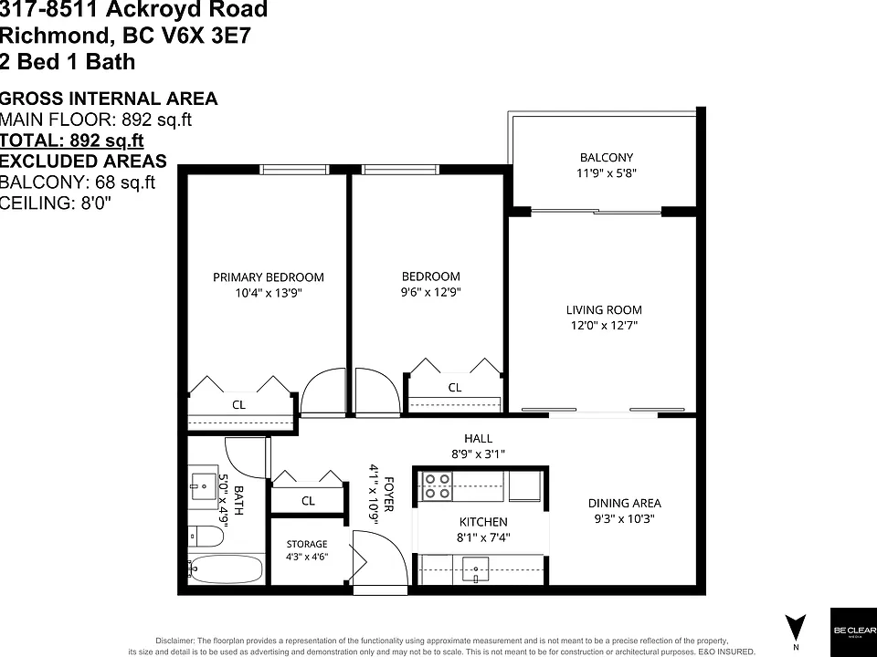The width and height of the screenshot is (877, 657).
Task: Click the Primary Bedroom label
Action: pos(269,277)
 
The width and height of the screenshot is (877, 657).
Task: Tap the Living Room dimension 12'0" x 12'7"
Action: pos(604,325)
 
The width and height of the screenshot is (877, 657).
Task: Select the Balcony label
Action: pos(607,158)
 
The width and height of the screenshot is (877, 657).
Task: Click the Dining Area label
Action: pos(624,503)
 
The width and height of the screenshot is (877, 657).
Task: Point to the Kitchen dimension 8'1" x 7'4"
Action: pos(483,537)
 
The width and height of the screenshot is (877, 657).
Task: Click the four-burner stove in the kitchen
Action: pos(438,486)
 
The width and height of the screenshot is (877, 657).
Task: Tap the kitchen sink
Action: pos(475,569)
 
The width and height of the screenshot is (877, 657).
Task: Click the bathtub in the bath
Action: pos(226,568)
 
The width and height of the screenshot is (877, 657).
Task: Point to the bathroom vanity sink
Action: pos(204,486)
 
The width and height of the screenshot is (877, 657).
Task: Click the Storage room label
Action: pos(307,544)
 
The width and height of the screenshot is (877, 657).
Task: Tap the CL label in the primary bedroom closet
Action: pos(238,404)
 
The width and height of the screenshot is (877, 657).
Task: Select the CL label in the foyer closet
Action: pos(308,501)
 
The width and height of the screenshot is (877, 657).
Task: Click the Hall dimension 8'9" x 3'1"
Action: pos(478,454)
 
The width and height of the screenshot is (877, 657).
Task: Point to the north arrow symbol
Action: pos(796,628)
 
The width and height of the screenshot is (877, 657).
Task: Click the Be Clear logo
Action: pos(853,631)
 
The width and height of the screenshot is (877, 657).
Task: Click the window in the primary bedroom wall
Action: pos(294,170)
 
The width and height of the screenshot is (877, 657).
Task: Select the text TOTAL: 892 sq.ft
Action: pos(72,141)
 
